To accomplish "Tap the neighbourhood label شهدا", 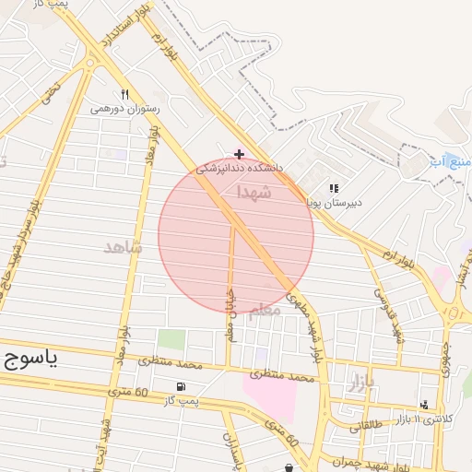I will (x=254, y=192).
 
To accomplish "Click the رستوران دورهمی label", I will (x=124, y=109).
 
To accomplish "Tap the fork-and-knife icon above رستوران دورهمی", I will (x=124, y=94).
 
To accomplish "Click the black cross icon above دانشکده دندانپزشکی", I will (x=239, y=154).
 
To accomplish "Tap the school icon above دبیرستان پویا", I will (x=334, y=188).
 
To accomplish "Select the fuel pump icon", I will (x=179, y=386).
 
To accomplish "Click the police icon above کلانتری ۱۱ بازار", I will (x=424, y=405).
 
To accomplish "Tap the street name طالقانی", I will (x=367, y=426).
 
